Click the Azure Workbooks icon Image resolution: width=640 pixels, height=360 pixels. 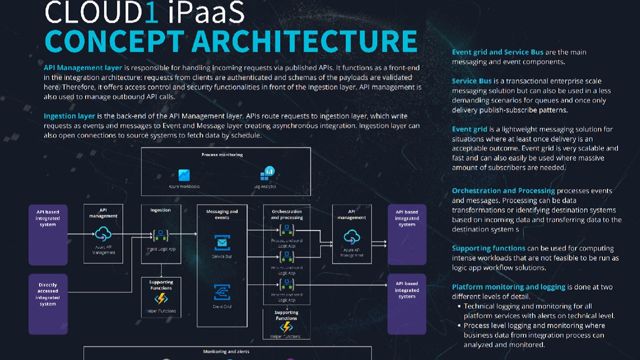[x=184, y=175]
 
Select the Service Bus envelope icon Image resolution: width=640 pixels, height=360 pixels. [x=222, y=243]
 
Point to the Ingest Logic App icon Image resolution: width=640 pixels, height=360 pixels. [x=161, y=234]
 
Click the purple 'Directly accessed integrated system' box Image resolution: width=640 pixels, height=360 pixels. [x=48, y=304]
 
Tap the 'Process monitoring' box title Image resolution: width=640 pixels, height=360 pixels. [x=222, y=155]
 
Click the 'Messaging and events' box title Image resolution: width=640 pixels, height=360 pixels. [x=222, y=214]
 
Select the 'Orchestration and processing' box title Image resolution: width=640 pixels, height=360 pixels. [x=286, y=214]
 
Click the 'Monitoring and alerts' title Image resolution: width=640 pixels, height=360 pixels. [x=226, y=351]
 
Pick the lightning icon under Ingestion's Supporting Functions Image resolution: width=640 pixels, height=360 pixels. [x=161, y=299]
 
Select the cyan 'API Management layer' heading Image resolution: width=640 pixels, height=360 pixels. [x=83, y=67]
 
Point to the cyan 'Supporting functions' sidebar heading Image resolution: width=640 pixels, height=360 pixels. [x=488, y=248]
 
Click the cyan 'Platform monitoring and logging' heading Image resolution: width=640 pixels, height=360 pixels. [x=508, y=287]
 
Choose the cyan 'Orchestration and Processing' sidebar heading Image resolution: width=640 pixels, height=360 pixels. [x=503, y=191]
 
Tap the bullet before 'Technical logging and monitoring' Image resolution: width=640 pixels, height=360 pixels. [x=459, y=306]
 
